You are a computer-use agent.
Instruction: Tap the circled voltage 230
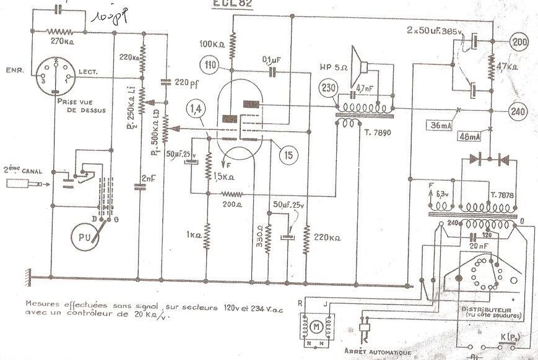tap(328, 88)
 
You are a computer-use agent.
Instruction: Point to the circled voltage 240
tap(518, 111)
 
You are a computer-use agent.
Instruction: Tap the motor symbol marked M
tap(315, 325)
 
